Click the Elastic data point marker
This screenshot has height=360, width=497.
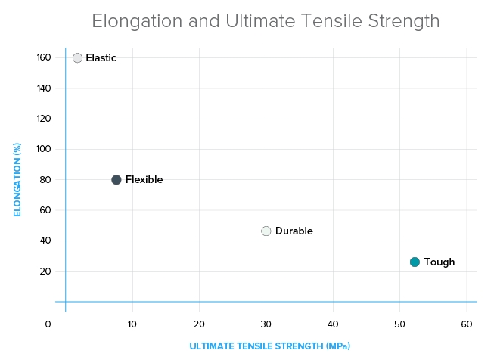click(x=77, y=57)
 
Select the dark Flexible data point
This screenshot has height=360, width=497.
click(x=116, y=180)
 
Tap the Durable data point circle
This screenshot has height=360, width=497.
click(x=266, y=231)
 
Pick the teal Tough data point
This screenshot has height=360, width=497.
click(x=415, y=262)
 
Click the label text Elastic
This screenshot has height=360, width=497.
click(x=101, y=58)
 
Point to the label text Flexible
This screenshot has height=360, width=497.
click(x=144, y=180)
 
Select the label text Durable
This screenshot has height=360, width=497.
click(x=294, y=231)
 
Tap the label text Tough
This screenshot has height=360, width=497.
click(x=440, y=262)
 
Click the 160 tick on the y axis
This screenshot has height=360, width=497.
click(x=43, y=58)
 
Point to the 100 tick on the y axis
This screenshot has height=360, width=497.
click(x=43, y=149)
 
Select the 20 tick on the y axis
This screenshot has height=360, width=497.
click(x=45, y=272)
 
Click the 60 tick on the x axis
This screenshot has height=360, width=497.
click(x=467, y=324)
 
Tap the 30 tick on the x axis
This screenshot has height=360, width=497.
click(x=266, y=324)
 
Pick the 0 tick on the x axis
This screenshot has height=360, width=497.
click(x=48, y=324)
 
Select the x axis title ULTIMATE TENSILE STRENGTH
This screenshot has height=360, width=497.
click(x=269, y=346)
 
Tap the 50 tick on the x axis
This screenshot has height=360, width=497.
click(x=400, y=324)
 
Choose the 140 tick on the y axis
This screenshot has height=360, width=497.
click(x=43, y=88)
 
